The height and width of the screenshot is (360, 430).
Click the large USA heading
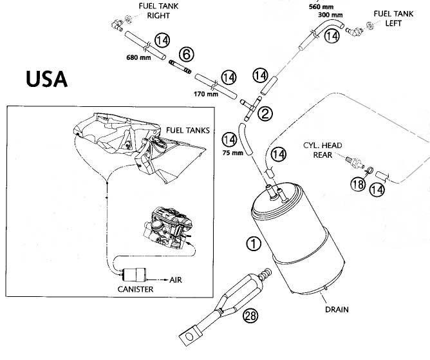coord(46,79)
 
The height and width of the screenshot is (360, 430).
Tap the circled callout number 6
coord(187,54)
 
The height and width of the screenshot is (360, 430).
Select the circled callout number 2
coord(265,113)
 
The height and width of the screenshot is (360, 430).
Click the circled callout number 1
coord(254,243)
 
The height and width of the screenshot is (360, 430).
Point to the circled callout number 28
coord(250,316)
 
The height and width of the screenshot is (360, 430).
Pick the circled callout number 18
coord(358,184)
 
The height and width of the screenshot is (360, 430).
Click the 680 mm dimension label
coord(138,57)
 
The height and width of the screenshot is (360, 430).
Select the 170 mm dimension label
coord(206,94)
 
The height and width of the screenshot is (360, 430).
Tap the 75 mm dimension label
coord(233,153)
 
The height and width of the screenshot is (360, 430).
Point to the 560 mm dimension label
coord(321,6)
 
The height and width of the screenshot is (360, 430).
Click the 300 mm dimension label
coord(330,15)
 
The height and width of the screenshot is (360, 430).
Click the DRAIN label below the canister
coord(337,310)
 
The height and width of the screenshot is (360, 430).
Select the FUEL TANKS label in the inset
coord(188,130)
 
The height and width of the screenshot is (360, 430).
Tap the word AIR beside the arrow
coord(176,280)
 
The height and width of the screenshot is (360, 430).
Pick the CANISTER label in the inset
coord(135,289)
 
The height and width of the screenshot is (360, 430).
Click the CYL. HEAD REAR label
coord(322,150)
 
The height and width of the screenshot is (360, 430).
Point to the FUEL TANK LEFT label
coord(393,19)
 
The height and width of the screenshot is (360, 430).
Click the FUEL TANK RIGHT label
coord(158,11)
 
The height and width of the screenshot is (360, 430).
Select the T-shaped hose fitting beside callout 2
coord(251,109)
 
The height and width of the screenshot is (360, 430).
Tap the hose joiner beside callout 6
coord(180,67)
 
